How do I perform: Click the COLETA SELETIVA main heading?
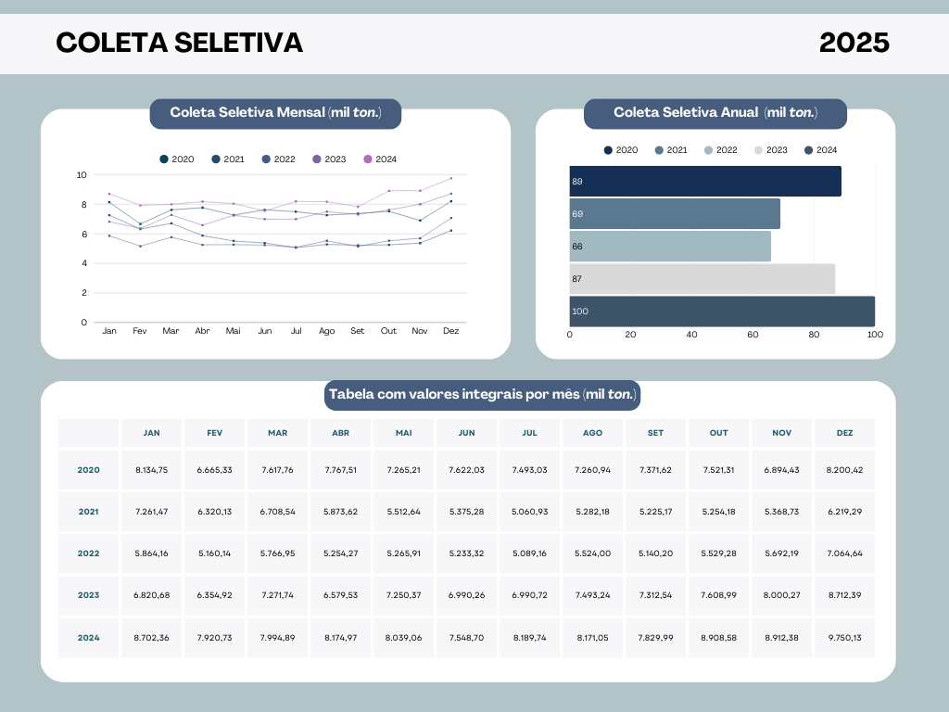tap(179, 43)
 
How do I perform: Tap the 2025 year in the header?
tap(854, 43)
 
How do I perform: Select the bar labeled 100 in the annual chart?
tap(721, 311)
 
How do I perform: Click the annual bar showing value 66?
tap(669, 247)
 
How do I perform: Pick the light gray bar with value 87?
tap(702, 279)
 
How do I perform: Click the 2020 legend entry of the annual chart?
tap(621, 150)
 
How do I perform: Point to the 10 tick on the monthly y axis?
tap(82, 174)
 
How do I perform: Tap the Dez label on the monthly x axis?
tap(451, 331)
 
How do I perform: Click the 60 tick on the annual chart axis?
tap(753, 335)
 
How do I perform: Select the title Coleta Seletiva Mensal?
tap(275, 113)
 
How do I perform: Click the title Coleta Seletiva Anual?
tap(715, 113)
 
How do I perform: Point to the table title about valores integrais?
tap(483, 395)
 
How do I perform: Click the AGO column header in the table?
tap(592, 433)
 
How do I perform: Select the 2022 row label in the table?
tap(89, 553)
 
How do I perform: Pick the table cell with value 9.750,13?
tap(844, 638)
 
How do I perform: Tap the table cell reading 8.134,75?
tap(151, 470)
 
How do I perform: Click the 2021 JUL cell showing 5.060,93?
tap(529, 512)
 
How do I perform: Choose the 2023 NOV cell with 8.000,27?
tap(781, 595)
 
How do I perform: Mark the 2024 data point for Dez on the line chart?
tap(451, 178)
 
